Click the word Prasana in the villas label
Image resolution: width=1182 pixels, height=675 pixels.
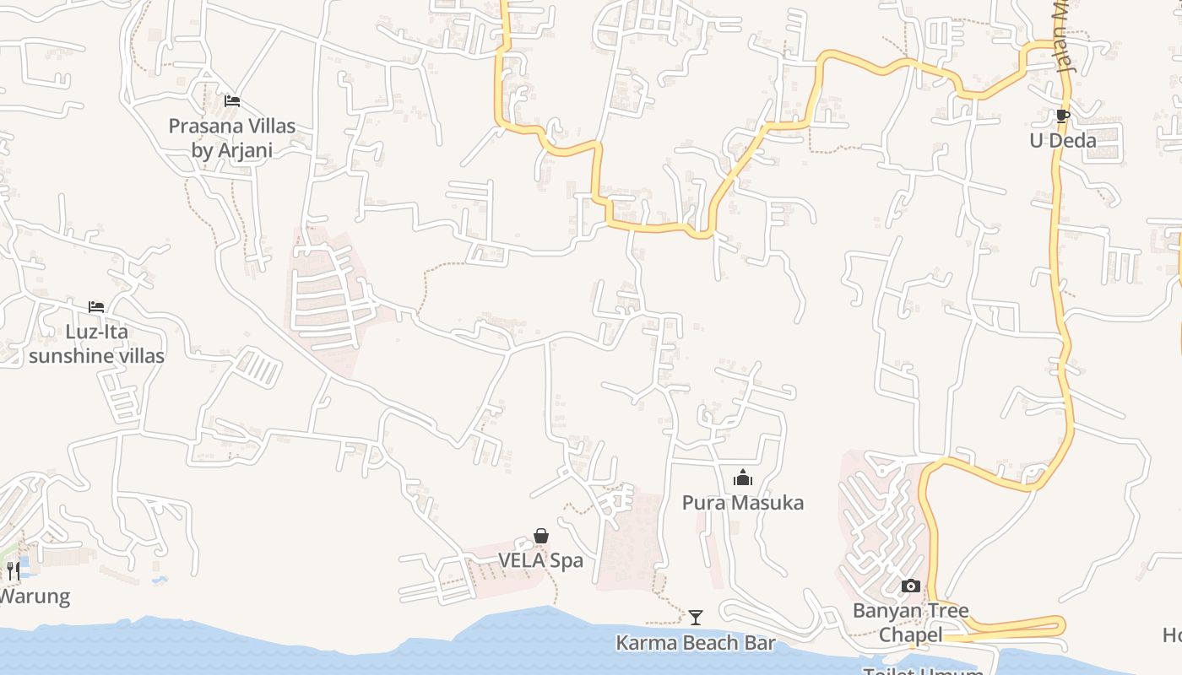click(203, 127)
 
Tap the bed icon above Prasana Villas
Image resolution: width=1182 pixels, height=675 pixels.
click(232, 101)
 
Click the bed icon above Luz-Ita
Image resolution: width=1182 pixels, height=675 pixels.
click(96, 307)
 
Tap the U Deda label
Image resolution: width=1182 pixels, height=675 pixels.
click(1062, 140)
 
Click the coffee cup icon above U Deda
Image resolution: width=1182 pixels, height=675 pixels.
click(1062, 116)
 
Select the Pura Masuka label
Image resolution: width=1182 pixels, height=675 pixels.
click(743, 503)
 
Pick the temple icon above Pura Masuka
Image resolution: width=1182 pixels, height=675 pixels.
click(743, 478)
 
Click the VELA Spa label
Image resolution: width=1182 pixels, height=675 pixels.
click(540, 560)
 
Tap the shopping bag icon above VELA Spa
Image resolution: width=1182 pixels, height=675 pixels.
click(541, 536)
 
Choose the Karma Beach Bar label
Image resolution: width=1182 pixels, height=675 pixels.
click(695, 643)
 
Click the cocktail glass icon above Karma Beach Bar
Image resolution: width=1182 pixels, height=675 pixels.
click(695, 618)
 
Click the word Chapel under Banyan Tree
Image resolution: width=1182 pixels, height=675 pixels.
click(910, 634)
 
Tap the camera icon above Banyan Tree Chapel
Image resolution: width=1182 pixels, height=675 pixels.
click(910, 586)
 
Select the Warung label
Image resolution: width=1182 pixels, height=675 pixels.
click(34, 597)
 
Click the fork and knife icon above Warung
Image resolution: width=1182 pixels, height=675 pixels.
click(13, 571)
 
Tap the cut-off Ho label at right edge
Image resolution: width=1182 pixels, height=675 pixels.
click(1172, 634)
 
